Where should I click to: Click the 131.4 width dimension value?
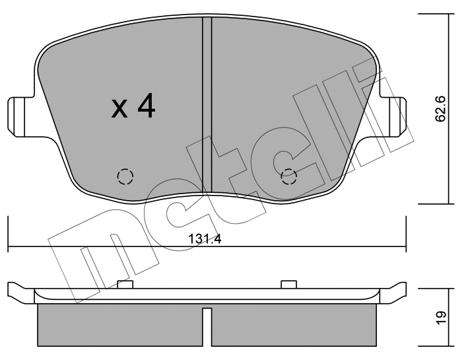205,239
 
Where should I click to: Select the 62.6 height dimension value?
441,108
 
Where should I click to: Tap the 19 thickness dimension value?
441,318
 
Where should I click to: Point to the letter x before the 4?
119,109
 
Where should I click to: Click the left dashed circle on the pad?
125,176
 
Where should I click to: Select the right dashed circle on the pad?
289,176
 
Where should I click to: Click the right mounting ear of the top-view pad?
393,117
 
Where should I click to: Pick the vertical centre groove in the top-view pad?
207,104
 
